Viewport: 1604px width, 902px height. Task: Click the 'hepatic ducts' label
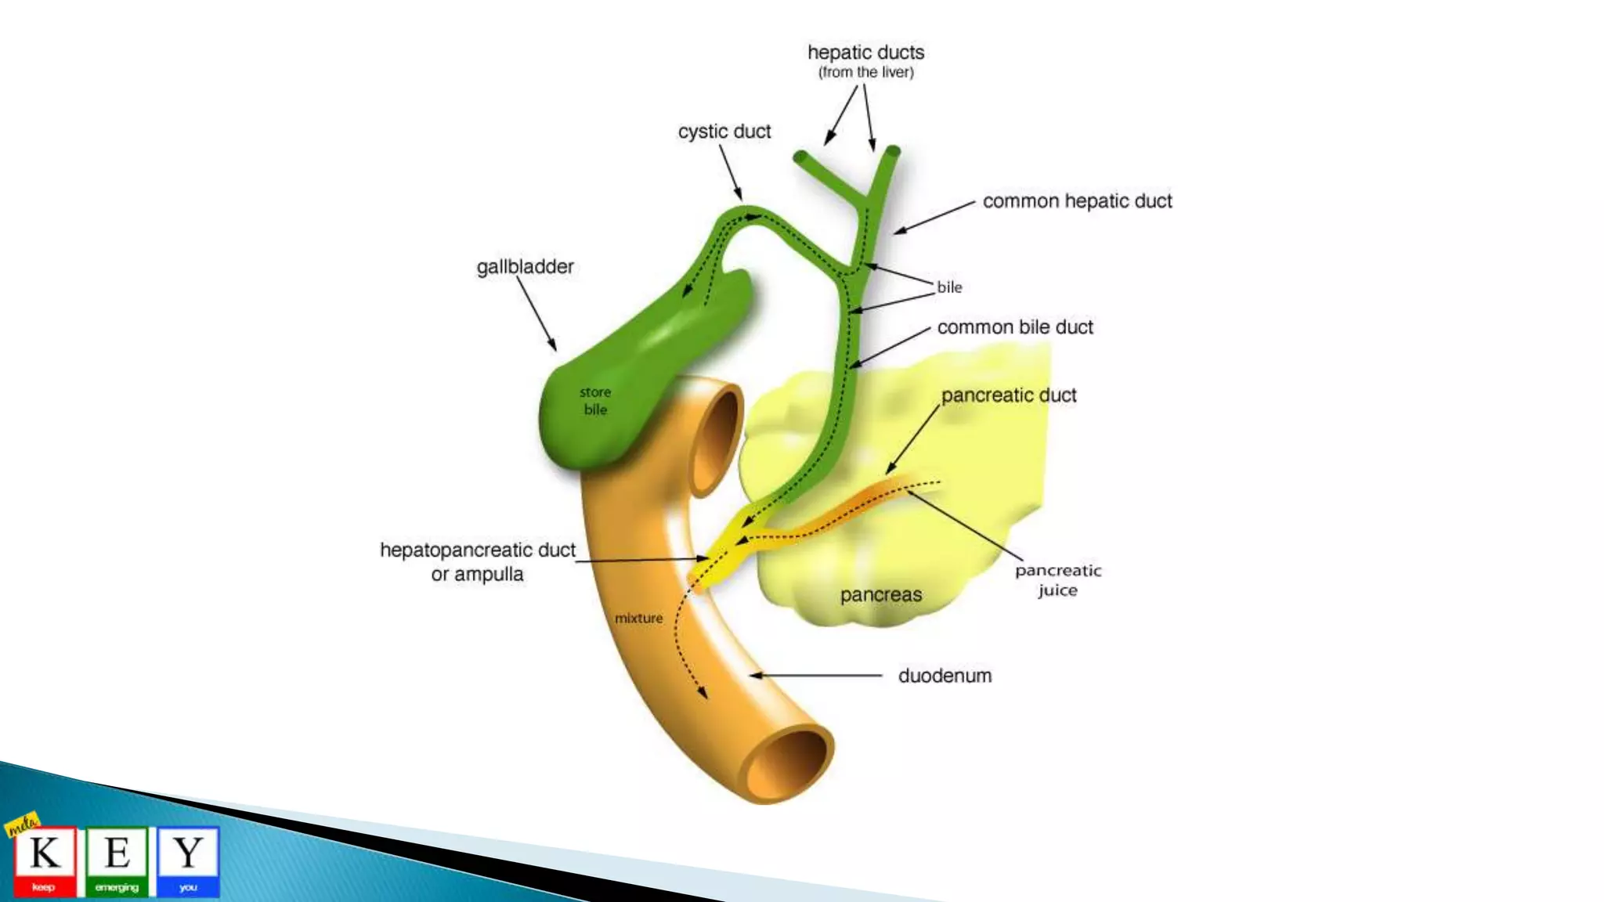(x=865, y=52)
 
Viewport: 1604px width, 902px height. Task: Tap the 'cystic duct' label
(x=724, y=132)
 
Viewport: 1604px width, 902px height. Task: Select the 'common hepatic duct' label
(x=1077, y=201)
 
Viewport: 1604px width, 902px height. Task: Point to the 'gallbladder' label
(x=525, y=267)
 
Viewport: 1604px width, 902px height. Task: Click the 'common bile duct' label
(x=1015, y=327)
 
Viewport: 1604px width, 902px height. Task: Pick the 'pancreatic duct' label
(x=1009, y=395)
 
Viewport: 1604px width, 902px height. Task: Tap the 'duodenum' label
(x=945, y=676)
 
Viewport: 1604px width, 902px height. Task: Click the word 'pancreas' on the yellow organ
(x=881, y=595)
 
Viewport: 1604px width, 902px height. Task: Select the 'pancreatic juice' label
(x=1058, y=580)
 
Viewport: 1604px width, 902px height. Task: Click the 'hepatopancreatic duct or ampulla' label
(x=478, y=562)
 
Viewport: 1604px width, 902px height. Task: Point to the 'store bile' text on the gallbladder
(x=595, y=401)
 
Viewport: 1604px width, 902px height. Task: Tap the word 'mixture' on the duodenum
(x=638, y=619)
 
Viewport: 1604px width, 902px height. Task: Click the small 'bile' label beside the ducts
(x=949, y=287)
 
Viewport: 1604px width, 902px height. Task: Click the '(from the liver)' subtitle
(x=866, y=73)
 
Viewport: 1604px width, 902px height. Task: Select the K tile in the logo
(x=45, y=859)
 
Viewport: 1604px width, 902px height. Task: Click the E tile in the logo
(x=117, y=859)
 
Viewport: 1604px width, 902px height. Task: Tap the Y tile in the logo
(x=188, y=859)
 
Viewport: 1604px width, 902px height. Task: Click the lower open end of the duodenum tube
(x=786, y=763)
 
